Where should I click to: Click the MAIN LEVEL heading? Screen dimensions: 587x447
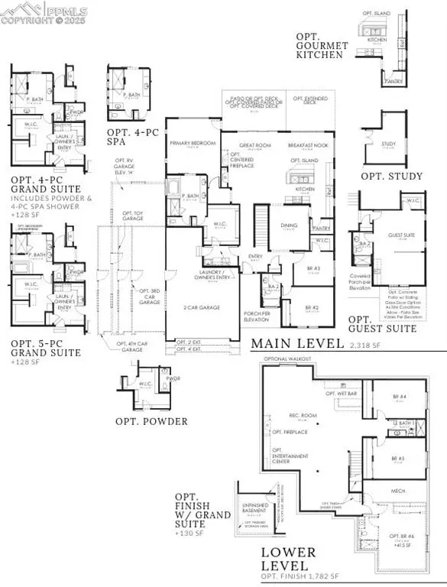[296, 344]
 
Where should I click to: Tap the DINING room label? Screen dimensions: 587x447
[288, 225]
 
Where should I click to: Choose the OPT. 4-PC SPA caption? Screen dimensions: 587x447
[129, 137]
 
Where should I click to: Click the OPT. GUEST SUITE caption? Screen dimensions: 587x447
[382, 324]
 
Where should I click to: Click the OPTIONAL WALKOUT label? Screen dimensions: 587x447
[284, 358]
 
